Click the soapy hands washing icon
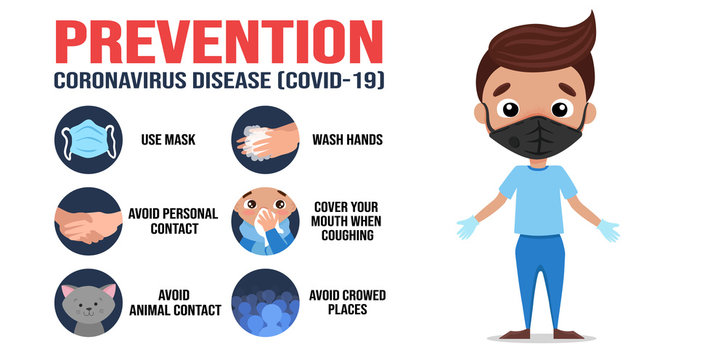click(x=265, y=141)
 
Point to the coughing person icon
click(x=265, y=221)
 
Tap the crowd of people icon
click(x=265, y=302)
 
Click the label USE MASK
click(x=168, y=141)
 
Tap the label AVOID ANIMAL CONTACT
click(x=174, y=302)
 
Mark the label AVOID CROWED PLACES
click(x=347, y=302)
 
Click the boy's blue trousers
click(x=538, y=275)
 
